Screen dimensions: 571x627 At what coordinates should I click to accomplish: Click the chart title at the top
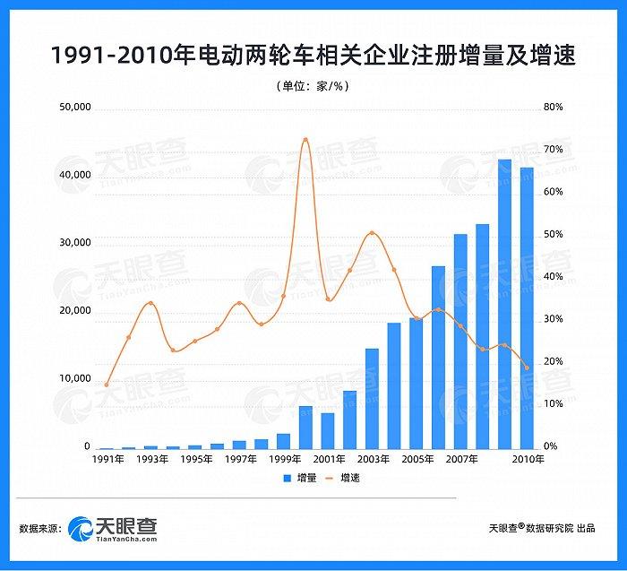click(x=313, y=56)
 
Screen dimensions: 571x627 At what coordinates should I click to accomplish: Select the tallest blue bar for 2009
click(x=504, y=305)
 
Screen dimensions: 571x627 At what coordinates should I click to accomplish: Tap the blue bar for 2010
click(x=527, y=308)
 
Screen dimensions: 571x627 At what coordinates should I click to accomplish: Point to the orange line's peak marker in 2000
click(x=305, y=140)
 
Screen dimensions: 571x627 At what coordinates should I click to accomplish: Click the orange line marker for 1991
click(x=107, y=385)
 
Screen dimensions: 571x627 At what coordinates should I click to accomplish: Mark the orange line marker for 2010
click(x=527, y=368)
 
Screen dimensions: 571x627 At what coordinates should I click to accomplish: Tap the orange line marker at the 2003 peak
click(x=372, y=233)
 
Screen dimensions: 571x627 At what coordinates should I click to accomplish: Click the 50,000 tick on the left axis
click(x=74, y=108)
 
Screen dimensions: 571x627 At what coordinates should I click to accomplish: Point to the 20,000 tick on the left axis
click(x=74, y=311)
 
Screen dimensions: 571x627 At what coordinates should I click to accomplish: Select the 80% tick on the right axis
click(x=553, y=108)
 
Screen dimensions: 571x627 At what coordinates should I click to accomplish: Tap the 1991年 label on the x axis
click(x=107, y=459)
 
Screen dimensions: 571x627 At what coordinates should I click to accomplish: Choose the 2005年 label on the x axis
click(x=417, y=459)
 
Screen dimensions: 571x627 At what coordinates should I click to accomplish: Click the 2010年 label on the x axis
click(x=528, y=459)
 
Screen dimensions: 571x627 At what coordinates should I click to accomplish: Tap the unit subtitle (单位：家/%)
click(x=313, y=86)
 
